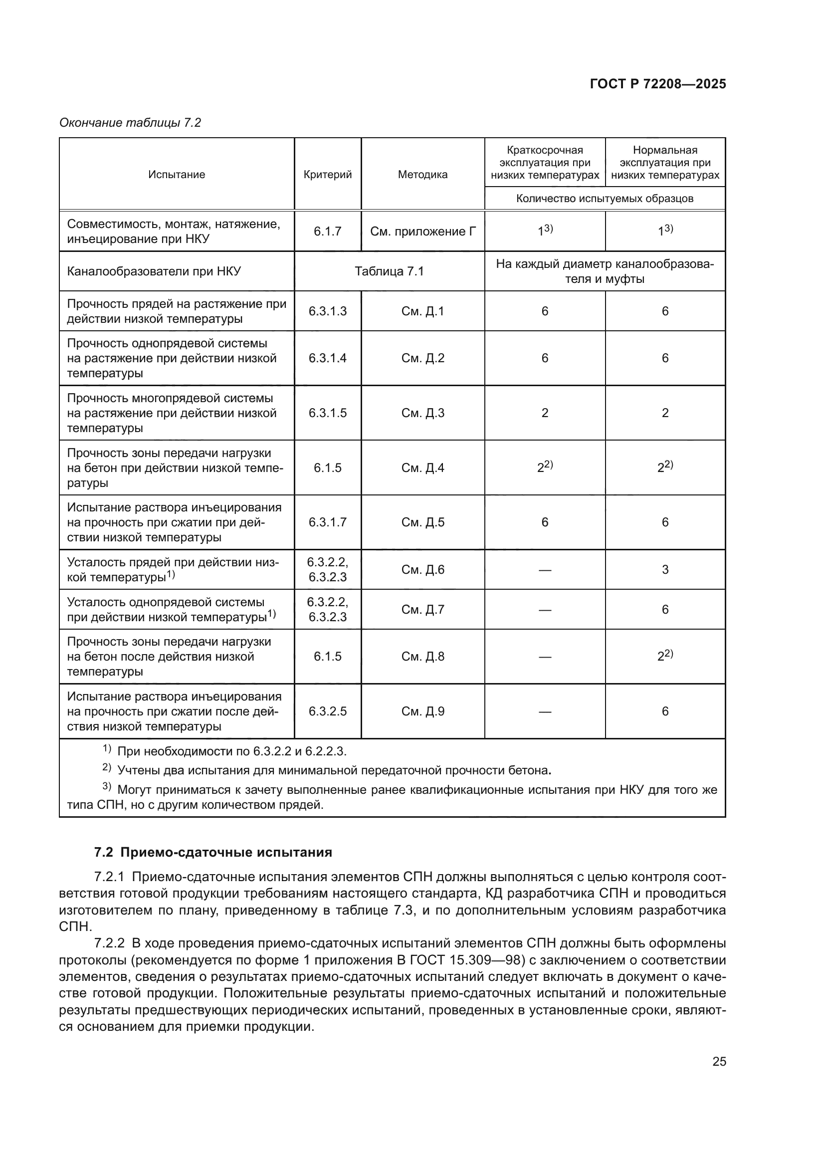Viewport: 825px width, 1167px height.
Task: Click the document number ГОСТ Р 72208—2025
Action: click(x=658, y=84)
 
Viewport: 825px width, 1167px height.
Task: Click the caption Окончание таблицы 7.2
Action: click(x=130, y=123)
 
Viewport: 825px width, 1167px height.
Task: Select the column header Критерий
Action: click(x=328, y=174)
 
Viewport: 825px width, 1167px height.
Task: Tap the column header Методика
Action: click(x=422, y=174)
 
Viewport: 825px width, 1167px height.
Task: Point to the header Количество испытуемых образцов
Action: click(x=605, y=198)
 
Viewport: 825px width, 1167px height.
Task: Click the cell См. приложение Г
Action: click(x=422, y=232)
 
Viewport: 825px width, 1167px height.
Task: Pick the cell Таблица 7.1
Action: click(x=389, y=271)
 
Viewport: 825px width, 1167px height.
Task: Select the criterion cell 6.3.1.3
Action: click(x=328, y=311)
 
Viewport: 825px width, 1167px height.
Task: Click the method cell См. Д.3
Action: click(x=422, y=413)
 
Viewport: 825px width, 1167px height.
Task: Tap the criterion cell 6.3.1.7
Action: click(x=328, y=522)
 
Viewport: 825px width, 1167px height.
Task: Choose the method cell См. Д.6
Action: click(x=422, y=570)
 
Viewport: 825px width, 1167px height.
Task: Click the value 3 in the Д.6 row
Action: click(x=665, y=570)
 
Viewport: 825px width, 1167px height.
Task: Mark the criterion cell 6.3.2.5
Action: click(x=328, y=711)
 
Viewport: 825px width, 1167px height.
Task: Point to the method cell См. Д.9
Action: click(x=422, y=711)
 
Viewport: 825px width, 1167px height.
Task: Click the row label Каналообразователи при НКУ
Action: click(x=154, y=271)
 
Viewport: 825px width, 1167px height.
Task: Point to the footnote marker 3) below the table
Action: click(x=107, y=787)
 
